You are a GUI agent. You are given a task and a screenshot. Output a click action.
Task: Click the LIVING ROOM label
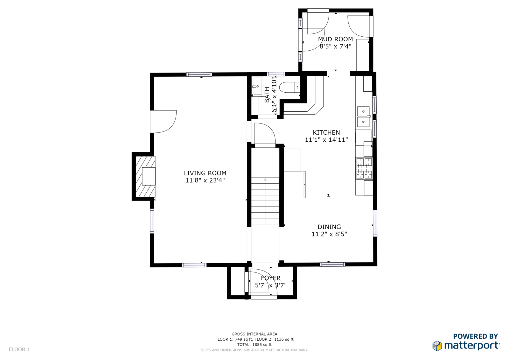click(x=205, y=173)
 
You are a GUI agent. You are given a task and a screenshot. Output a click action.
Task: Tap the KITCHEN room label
click(x=326, y=132)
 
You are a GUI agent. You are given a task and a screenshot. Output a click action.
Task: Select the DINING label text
click(x=329, y=227)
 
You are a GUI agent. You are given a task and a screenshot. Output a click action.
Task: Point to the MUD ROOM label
click(x=335, y=39)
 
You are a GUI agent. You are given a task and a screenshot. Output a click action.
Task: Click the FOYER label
click(x=271, y=278)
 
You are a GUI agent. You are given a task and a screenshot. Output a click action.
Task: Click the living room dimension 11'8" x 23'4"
click(x=205, y=180)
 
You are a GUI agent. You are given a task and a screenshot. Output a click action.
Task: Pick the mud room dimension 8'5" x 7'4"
click(x=335, y=46)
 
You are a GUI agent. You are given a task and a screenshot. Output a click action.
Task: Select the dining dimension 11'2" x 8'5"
click(x=329, y=234)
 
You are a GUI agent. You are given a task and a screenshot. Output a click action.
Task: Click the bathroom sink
click(x=257, y=87)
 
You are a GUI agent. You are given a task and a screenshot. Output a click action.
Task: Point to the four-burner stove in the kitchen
click(x=364, y=168)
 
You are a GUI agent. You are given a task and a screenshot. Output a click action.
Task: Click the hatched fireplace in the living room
click(x=145, y=176)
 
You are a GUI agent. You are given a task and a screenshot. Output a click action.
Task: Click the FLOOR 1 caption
click(x=19, y=349)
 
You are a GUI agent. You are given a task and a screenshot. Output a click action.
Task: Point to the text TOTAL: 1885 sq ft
click(x=254, y=344)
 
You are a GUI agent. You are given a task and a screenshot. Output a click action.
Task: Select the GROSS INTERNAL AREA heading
click(x=254, y=334)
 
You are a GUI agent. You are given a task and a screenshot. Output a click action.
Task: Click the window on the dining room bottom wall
click(x=332, y=264)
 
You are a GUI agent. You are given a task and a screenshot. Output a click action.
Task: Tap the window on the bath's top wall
click(x=276, y=74)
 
